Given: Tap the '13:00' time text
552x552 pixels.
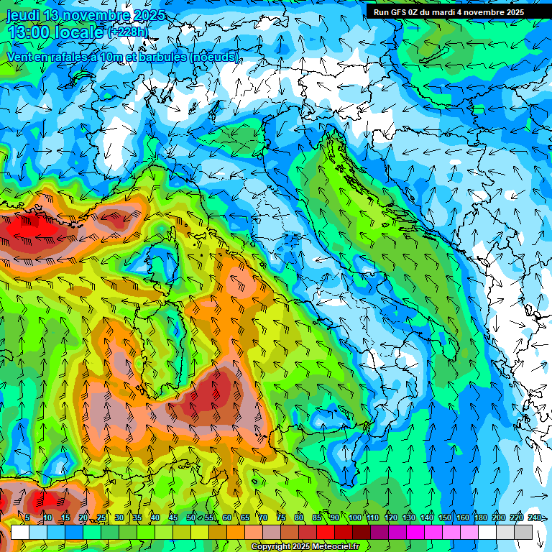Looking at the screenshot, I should click(x=28, y=32).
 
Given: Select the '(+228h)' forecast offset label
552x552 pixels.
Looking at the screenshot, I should click(x=129, y=32).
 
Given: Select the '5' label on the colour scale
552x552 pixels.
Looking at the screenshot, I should click(x=27, y=517).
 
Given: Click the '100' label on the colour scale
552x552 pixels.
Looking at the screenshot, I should click(x=354, y=517).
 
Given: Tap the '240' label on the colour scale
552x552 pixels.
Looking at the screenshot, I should click(x=535, y=517).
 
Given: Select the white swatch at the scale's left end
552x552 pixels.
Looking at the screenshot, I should click(x=19, y=532).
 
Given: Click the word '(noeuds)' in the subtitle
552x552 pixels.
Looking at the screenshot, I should click(x=214, y=57).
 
